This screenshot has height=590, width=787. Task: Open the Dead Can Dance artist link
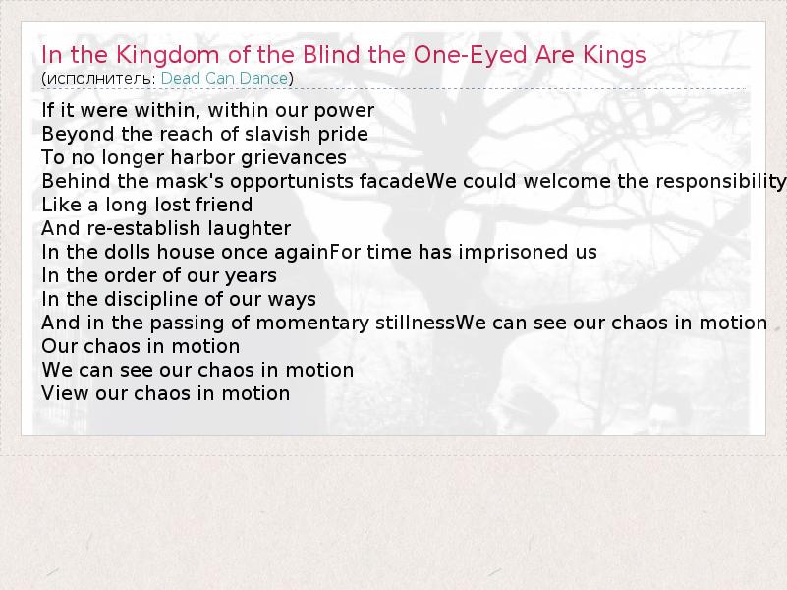pyautogui.click(x=224, y=79)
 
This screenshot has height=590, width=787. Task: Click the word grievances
pyautogui.click(x=294, y=158)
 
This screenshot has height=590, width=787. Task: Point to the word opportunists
pyautogui.click(x=292, y=182)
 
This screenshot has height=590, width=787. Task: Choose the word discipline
pyautogui.click(x=151, y=300)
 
